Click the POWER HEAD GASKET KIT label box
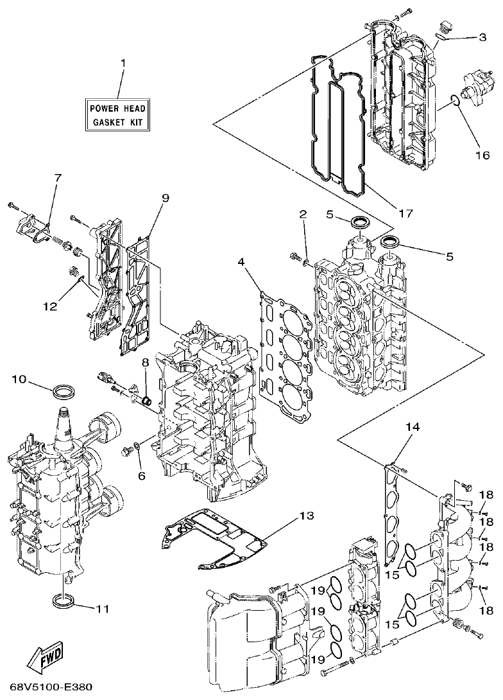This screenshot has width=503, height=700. point(118,114)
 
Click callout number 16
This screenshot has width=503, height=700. point(482,155)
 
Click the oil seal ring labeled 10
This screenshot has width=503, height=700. point(65,390)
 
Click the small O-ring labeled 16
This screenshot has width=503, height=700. point(455,100)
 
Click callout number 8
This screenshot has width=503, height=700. point(145,362)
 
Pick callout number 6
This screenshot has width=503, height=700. point(141,476)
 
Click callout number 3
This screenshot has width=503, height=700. point(482,37)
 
